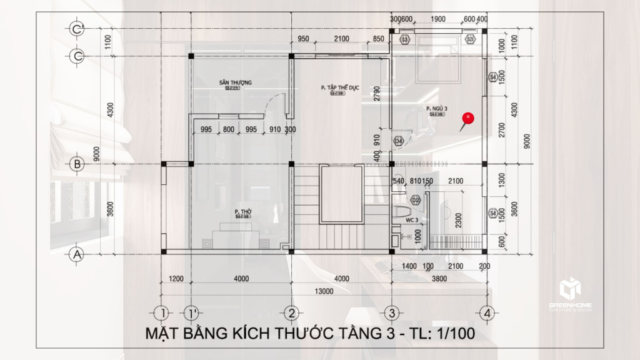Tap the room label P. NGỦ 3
pos(435,109)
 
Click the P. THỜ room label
pos(242,212)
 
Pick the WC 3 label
pos(411,220)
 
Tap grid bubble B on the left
pos(77,164)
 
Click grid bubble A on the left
pos(77,254)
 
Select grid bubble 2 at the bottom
pos(290,312)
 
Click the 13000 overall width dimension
pos(323,291)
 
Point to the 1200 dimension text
pos(176,279)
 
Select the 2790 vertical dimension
pos(377,94)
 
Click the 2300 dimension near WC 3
pos(459,219)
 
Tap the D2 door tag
pos(416,200)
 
